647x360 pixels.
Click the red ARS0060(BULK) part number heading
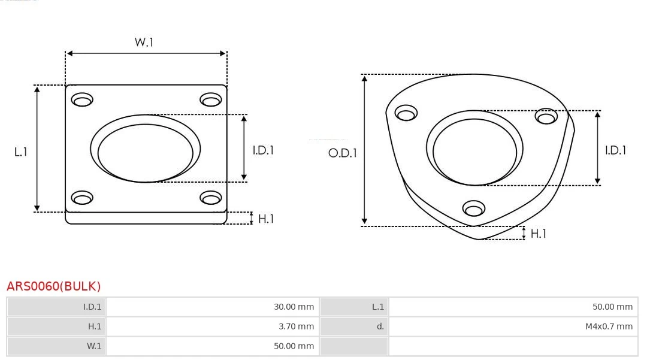click(x=54, y=286)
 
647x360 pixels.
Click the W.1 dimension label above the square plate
click(x=144, y=43)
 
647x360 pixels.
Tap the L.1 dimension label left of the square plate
click(x=21, y=152)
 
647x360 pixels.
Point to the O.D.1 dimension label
click(x=342, y=153)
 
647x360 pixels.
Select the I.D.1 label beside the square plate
click(x=262, y=150)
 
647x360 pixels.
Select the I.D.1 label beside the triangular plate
click(x=615, y=150)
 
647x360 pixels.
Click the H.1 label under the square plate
click(x=265, y=219)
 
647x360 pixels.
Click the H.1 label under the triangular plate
click(x=538, y=234)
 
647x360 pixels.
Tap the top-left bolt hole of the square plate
click(x=81, y=99)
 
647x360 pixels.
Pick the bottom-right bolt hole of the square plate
click(x=210, y=198)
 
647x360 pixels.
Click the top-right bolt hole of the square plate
click(x=210, y=99)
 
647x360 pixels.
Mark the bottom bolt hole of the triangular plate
click(x=474, y=208)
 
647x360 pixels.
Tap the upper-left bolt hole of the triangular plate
click(x=406, y=113)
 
